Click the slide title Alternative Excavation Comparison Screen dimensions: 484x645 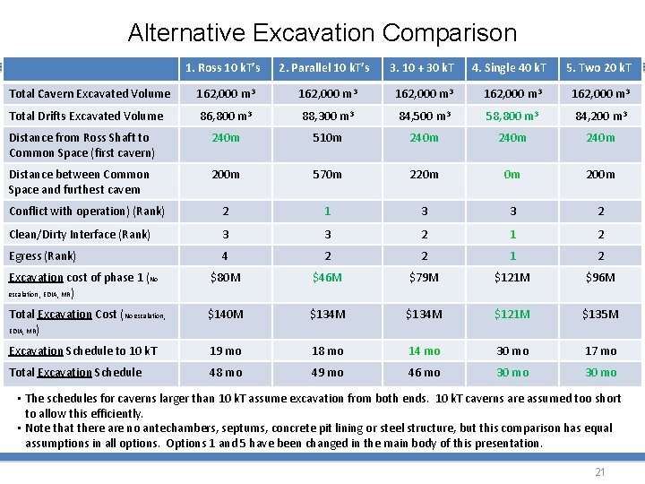pos(322,33)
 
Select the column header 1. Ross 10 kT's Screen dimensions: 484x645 pos(223,68)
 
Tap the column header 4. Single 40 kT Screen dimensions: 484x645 pos(509,68)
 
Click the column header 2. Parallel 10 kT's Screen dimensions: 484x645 pos(324,68)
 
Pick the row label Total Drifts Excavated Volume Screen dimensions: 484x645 pos(86,116)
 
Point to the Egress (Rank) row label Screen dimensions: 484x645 pos(42,256)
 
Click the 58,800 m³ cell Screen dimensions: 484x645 pos(512,116)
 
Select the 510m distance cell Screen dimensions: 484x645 pos(327,138)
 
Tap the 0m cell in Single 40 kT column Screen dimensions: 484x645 pos(512,175)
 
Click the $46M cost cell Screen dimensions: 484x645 pos(327,278)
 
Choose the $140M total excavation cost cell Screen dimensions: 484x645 pos(225,315)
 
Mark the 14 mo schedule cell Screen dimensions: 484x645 pos(425,351)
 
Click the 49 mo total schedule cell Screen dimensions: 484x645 pos(327,373)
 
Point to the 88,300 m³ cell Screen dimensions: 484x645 pos(327,116)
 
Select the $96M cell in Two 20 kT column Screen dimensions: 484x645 pos(600,278)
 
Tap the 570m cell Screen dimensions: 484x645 pos(327,175)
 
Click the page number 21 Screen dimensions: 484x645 pos(600,471)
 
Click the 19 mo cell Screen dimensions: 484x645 pos(225,351)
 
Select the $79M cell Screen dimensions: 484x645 pos(425,278)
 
